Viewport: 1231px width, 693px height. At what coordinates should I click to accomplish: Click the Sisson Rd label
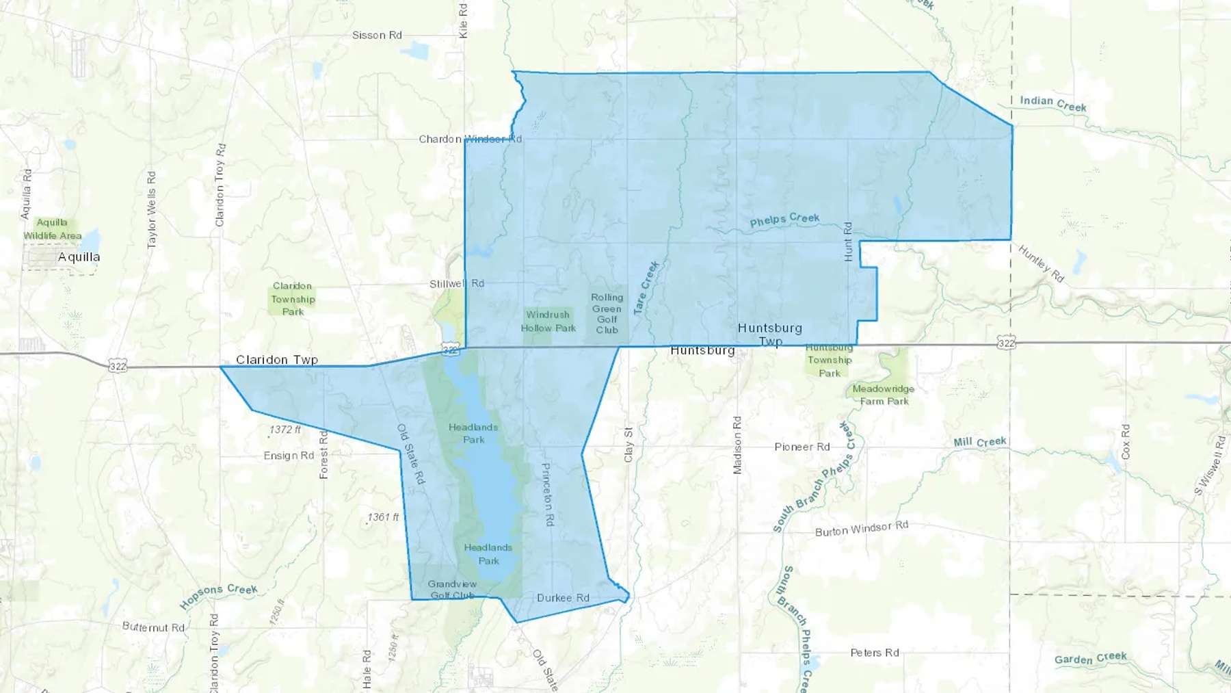coord(377,35)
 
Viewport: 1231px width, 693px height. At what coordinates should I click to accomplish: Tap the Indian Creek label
coord(1053,103)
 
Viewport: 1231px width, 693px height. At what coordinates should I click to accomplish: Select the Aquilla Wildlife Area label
coord(53,229)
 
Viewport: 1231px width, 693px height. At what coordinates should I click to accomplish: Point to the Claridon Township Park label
coord(293,298)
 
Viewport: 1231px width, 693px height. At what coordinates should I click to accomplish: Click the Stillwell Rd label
coord(457,283)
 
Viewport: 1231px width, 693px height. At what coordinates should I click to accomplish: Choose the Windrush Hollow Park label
coord(548,322)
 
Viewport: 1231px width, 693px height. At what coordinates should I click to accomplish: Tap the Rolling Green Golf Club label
coord(607,313)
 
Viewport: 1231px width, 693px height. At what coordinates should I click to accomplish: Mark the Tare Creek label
coord(646,287)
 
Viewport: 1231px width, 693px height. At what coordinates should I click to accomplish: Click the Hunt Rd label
coord(848,241)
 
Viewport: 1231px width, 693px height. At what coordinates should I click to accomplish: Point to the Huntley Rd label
coord(1041,263)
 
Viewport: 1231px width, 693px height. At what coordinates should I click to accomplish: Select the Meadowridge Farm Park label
coord(884,395)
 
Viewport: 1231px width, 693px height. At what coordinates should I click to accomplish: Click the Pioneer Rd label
coord(802,447)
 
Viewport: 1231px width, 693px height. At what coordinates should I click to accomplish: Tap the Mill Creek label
coord(980,442)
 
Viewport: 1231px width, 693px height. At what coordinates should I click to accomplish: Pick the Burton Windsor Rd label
coord(862,528)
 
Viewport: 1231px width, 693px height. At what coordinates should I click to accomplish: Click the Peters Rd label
coord(875,653)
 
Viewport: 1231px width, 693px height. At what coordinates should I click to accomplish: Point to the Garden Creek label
coord(1090,658)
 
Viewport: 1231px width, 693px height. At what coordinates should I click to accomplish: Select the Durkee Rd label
coord(563,598)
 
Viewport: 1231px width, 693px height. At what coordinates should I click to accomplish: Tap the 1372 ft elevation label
coord(285,430)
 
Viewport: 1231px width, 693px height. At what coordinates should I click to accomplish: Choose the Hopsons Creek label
coord(218,596)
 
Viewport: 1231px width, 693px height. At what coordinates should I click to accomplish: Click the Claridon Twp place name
coord(277,359)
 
